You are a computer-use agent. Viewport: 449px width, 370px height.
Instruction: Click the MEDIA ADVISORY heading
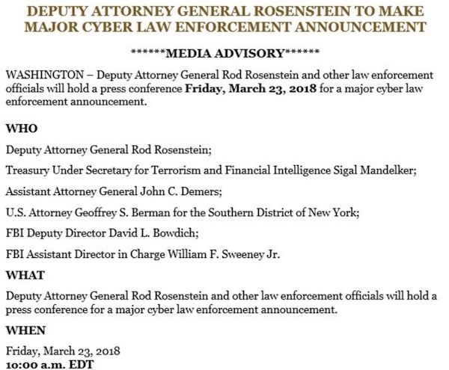coord(224,55)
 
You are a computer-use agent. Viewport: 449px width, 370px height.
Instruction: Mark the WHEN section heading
coord(25,330)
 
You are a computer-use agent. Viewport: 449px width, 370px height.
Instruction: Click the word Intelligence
coord(302,170)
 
